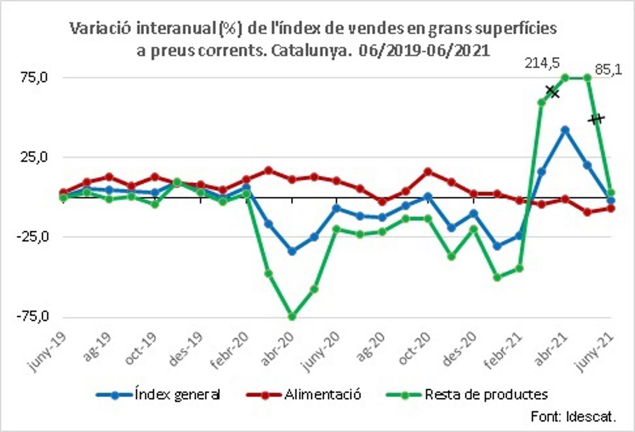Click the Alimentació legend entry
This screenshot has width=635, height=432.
coord(323,394)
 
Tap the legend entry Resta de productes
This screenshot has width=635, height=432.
coord(486,394)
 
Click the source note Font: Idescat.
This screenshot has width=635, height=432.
coord(573,416)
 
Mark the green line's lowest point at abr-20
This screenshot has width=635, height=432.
coord(292,316)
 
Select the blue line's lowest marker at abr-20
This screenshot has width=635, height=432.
coord(292,251)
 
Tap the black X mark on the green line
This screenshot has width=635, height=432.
coord(552,91)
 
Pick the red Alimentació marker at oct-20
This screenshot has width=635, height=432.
coord(428,171)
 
